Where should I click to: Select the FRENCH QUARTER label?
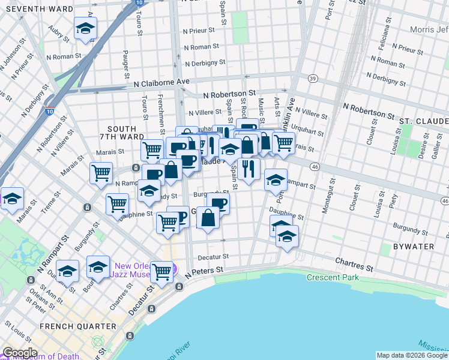click(x=77, y=326)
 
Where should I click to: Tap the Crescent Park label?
click(x=332, y=277)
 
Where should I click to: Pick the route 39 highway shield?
click(x=312, y=79)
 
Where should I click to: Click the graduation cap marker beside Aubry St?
click(x=85, y=28)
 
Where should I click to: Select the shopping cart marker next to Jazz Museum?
click(x=161, y=271)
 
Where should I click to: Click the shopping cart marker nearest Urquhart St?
click(x=283, y=143)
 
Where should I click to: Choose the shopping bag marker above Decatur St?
click(x=208, y=218)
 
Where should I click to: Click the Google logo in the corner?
click(x=20, y=353)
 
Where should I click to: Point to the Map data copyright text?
click(x=411, y=355)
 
